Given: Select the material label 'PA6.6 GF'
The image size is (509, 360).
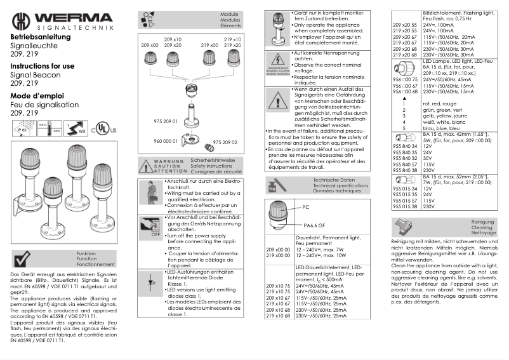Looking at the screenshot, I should pyautogui.click(x=314, y=225).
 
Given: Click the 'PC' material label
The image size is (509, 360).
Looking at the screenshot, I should pyautogui.click(x=306, y=208).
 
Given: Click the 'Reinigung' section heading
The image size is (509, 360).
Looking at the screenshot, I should pyautogui.click(x=484, y=221).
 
